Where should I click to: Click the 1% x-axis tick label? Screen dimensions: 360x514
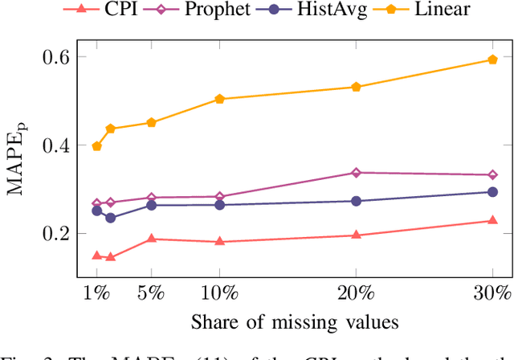96,292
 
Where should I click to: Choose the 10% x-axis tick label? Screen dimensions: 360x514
219,292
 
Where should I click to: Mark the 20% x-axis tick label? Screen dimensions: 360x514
356,292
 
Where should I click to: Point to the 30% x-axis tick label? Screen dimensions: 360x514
492,292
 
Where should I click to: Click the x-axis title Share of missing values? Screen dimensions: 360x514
294,323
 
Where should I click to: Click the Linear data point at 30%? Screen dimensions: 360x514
493,59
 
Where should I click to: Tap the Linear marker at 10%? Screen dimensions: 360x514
219,99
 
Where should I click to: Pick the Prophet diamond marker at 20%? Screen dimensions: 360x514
357,173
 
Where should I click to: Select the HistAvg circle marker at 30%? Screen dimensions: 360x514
493,192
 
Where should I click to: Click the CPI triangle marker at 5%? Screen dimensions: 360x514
151,239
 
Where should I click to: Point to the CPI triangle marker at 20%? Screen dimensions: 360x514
357,235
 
